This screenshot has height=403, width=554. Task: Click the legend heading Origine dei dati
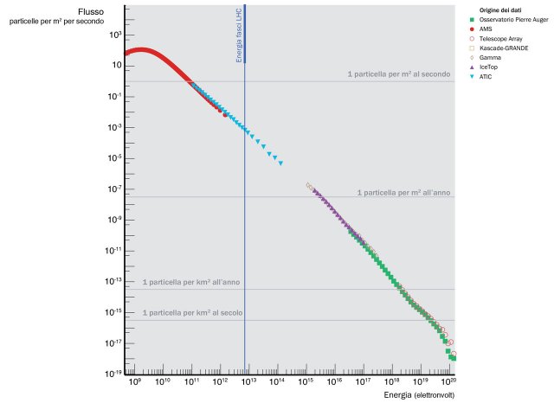[x=499, y=10]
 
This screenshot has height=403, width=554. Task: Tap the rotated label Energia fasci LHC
[x=240, y=38]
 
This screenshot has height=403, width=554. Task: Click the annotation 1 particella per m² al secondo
[x=398, y=74]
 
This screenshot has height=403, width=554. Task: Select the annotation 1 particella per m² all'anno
[x=405, y=192]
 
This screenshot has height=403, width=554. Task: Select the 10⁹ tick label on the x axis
[x=134, y=381]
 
